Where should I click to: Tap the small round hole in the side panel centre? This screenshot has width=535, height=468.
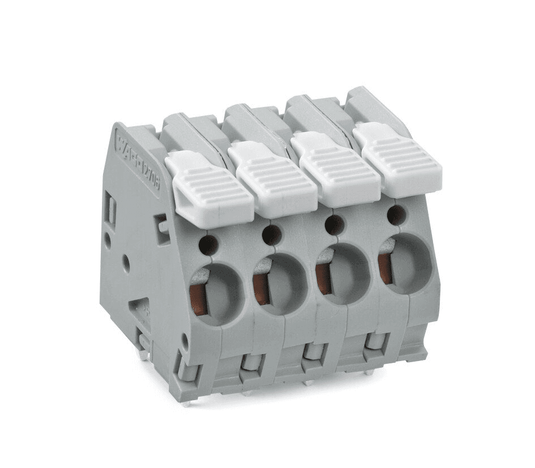click(125, 261)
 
